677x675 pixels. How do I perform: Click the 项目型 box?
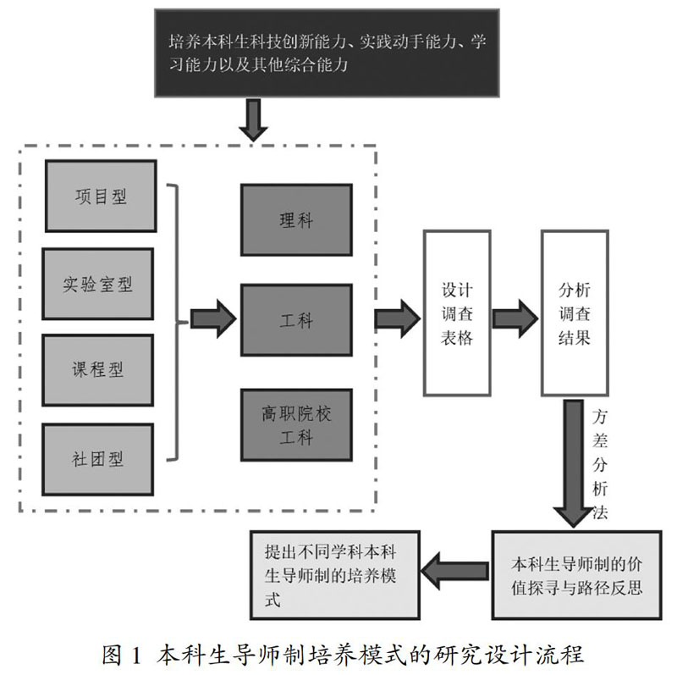tap(101, 196)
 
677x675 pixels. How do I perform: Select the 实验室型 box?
tap(97, 284)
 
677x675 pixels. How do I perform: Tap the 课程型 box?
tap(97, 370)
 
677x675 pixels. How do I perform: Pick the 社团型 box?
tap(97, 459)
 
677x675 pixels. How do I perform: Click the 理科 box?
tap(296, 220)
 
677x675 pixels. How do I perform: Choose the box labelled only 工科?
tap(296, 320)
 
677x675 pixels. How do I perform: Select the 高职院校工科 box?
tap(296, 425)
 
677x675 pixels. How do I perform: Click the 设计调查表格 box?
tap(457, 313)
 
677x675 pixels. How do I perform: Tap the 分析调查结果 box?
tap(575, 313)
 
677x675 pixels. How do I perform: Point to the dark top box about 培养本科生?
tap(327, 53)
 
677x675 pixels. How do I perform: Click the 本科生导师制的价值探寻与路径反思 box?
tap(576, 575)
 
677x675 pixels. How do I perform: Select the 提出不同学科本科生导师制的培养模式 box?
tap(335, 575)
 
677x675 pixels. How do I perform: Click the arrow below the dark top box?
tap(253, 119)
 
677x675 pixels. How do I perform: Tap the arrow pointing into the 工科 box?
tap(213, 319)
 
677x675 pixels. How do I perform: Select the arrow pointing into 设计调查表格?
tap(397, 319)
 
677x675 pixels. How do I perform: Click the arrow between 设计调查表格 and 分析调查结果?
tap(515, 319)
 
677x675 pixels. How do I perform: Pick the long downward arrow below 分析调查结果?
tap(574, 463)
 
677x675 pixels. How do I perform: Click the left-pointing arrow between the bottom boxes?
tap(455, 572)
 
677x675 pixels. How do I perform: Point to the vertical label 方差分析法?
tap(600, 464)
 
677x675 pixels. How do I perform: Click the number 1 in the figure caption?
tap(136, 656)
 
